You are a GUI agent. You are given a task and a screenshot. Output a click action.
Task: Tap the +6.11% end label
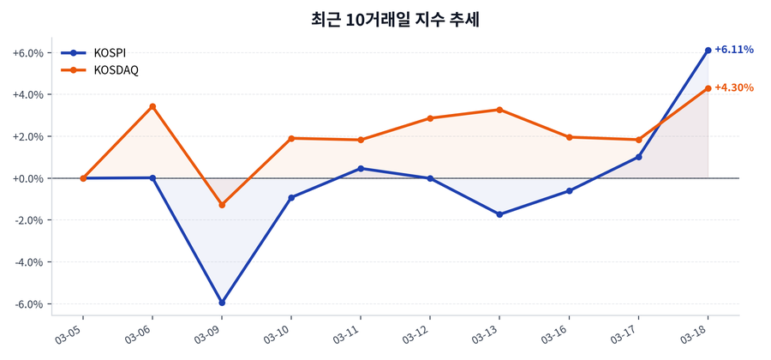point(734,50)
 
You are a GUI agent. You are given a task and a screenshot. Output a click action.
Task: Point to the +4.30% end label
point(734,87)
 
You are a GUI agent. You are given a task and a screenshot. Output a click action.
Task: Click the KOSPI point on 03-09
point(222,303)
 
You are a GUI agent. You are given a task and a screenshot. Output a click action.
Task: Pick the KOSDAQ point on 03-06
point(152,106)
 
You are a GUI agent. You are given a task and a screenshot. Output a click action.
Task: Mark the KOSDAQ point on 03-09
point(222,205)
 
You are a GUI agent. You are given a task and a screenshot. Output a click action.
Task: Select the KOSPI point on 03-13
point(499,214)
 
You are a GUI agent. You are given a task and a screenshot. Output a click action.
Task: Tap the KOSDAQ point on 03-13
point(499,110)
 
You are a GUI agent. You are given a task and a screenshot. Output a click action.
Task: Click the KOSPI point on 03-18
point(708,51)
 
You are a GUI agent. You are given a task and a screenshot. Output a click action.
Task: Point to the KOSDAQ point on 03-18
point(708,88)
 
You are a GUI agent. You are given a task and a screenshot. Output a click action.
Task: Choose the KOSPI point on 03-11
point(361,168)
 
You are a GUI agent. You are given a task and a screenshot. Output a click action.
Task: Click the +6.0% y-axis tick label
point(27,53)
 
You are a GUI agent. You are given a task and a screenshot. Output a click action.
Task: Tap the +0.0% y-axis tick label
point(27,178)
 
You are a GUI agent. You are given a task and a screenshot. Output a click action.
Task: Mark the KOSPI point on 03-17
point(638,157)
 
